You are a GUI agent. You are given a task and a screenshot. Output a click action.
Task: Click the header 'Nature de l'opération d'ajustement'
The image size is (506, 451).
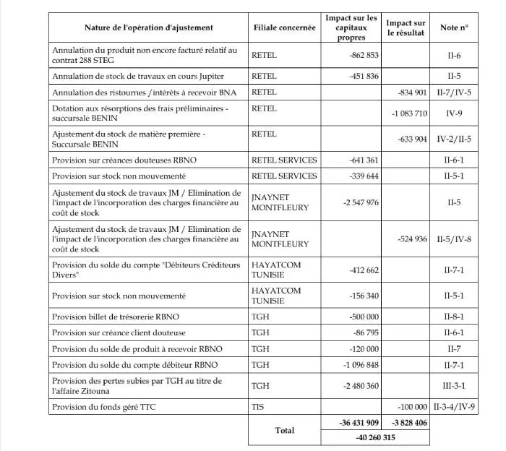pos(149,27)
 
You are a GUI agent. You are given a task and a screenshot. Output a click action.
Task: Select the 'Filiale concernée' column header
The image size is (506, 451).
pos(285,27)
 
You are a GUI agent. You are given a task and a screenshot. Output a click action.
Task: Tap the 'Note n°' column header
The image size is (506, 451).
pos(454,27)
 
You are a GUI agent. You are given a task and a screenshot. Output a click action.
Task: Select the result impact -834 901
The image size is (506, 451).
pos(413,93)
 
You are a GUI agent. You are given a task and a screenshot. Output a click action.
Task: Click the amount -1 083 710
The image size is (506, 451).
pos(410,113)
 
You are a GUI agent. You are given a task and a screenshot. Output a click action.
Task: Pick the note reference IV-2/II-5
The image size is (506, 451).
pos(454,138)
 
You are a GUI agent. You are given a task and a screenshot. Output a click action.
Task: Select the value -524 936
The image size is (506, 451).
pos(413,239)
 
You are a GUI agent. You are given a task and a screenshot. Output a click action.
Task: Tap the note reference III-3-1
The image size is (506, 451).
pos(454,386)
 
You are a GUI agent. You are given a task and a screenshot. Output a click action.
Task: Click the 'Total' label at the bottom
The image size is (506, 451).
pos(285,431)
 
